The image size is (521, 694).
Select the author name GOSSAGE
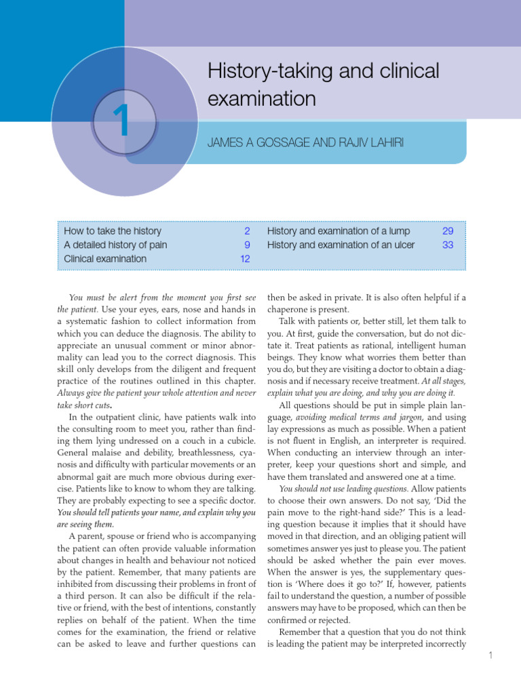coord(274,143)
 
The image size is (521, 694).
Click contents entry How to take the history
coord(113,231)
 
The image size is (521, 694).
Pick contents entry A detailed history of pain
coord(115,245)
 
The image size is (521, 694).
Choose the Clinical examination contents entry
coord(104,258)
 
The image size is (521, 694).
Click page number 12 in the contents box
coord(245,258)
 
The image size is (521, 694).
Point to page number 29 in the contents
coord(448,231)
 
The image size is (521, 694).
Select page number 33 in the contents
coord(448,245)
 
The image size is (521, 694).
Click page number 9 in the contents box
coord(248,245)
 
